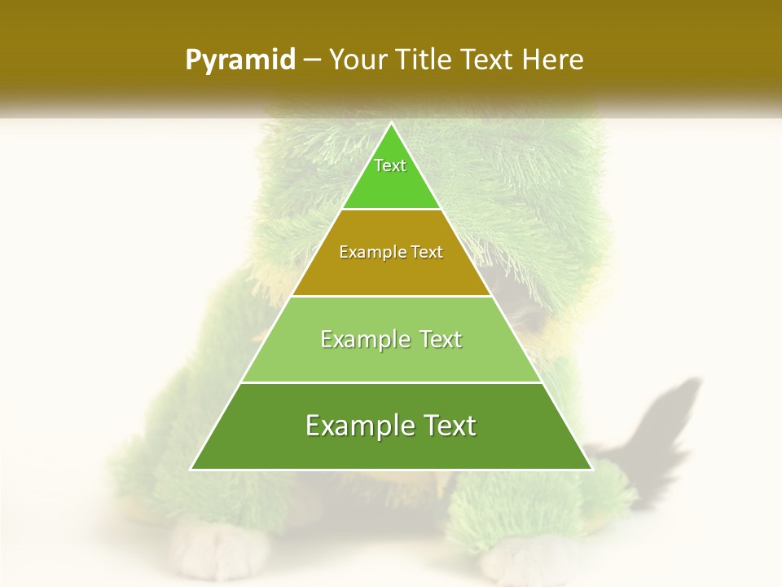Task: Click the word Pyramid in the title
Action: point(239,60)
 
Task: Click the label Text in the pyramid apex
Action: point(390,166)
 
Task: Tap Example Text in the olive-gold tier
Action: point(391,253)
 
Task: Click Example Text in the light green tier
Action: point(391,339)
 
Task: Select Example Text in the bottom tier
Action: point(391,426)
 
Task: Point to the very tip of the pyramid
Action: point(391,125)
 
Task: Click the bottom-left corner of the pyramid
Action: point(192,469)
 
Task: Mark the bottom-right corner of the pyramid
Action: point(591,469)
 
